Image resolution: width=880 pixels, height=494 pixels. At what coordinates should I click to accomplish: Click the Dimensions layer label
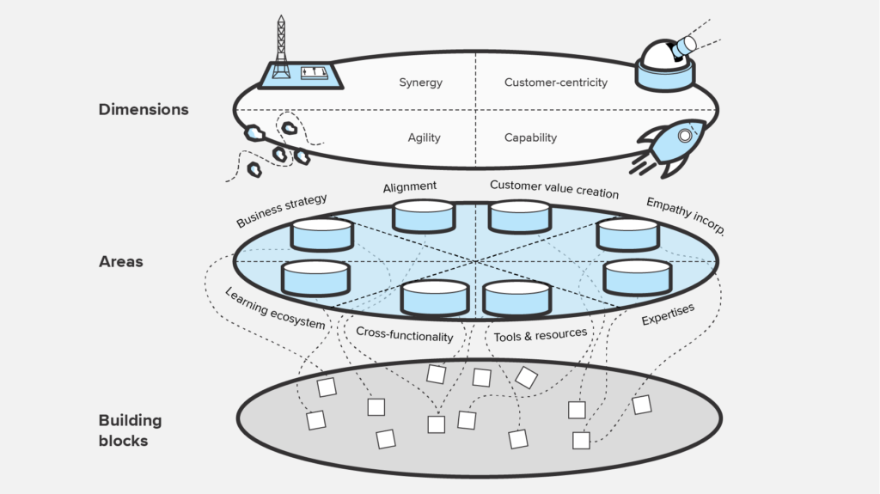tap(144, 109)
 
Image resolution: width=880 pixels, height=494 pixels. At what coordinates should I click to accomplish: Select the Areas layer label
tap(121, 261)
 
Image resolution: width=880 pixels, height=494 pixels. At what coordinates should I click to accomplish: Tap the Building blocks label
tap(130, 430)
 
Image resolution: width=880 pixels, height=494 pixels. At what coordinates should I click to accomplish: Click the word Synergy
tap(420, 82)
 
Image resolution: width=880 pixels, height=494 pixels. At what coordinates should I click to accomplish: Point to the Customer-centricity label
tap(555, 82)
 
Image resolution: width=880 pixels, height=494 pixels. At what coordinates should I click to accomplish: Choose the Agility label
tap(425, 137)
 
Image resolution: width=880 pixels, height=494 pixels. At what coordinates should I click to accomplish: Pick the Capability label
tap(530, 137)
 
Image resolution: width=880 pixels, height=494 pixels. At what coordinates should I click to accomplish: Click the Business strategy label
tap(282, 211)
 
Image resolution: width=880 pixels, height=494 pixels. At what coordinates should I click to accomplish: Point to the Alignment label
tap(410, 186)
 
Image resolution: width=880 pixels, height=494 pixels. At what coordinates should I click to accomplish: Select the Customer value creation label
tap(553, 188)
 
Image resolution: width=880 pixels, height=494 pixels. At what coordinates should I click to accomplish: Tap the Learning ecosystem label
tap(275, 308)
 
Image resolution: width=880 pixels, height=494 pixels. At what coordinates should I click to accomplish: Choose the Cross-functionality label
tap(404, 332)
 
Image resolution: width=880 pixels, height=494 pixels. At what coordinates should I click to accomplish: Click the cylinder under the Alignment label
tap(424, 216)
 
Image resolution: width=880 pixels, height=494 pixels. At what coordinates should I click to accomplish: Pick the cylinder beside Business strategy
tap(321, 235)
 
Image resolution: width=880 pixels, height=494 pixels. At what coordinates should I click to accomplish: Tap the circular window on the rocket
tap(685, 136)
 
